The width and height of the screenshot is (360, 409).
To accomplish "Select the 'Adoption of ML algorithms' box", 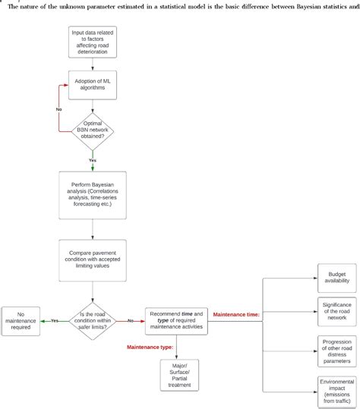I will [x=92, y=87].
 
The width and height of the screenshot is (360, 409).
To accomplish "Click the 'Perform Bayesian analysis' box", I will [x=92, y=193].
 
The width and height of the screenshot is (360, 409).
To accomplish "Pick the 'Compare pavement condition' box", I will [x=92, y=262].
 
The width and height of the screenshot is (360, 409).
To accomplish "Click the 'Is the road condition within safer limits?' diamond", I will [x=92, y=319].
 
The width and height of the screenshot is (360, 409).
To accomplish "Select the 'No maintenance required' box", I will [x=21, y=320].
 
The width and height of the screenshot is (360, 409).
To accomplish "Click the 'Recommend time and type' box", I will [x=176, y=319].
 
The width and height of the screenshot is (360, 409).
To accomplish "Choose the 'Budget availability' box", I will [x=336, y=278].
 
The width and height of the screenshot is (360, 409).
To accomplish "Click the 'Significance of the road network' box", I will [x=336, y=310].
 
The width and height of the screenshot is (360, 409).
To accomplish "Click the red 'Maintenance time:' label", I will [x=236, y=313].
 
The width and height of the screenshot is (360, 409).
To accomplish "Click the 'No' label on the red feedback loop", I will [x=58, y=109].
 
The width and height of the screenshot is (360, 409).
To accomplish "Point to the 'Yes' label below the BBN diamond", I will [x=92, y=160].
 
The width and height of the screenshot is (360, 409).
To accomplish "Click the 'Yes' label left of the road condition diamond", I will [x=55, y=320].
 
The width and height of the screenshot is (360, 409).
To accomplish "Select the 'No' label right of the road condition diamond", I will [x=130, y=320].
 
